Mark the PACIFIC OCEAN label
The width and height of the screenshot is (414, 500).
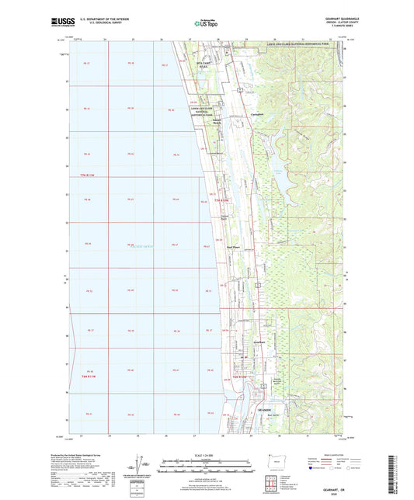coord(137,248)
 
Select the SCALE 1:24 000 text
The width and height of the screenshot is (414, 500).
coord(205,453)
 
